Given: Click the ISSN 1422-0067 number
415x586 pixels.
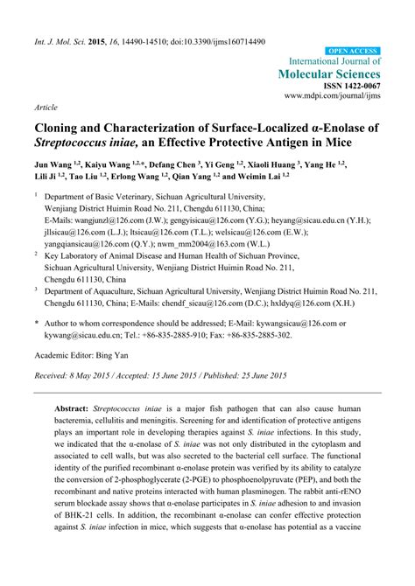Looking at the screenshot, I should coord(352,87).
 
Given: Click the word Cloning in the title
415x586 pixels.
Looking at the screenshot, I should coord(62,128).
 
